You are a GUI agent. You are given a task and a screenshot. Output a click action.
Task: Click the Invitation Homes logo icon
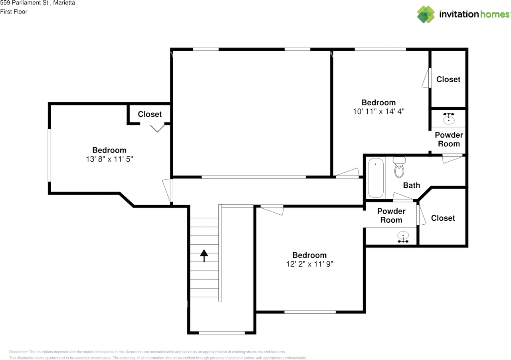(426, 14)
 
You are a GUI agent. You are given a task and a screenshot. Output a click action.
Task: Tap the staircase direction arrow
(204, 255)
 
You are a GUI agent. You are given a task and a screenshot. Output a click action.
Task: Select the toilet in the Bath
(399, 167)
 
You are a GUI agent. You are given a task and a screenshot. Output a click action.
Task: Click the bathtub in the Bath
(376, 178)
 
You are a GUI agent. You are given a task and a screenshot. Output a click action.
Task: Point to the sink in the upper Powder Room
(449, 119)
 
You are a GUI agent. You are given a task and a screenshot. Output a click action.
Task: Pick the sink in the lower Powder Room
(403, 237)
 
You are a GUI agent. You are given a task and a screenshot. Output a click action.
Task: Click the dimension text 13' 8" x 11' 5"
(109, 159)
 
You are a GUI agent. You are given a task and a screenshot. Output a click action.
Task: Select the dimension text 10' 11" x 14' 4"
(379, 111)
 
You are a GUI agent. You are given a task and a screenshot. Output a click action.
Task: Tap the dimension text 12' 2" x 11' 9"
(309, 264)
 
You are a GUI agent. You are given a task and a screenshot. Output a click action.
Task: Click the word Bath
(412, 185)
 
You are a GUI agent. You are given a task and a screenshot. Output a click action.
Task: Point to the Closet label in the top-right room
(448, 79)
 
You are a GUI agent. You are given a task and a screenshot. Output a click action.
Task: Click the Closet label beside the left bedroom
(150, 114)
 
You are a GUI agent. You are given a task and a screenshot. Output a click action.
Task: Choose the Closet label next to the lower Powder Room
(443, 218)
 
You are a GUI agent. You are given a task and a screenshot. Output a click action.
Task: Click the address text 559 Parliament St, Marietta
(38, 3)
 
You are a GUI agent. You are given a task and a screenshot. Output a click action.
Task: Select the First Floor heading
(14, 12)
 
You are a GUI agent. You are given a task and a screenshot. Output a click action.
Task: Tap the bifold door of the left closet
(157, 128)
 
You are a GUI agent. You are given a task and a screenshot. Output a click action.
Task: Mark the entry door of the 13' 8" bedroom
(168, 191)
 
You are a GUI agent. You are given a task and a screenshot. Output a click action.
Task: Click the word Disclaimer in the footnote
(18, 352)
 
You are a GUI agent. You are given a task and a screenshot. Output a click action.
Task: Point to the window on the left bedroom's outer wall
(49, 155)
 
